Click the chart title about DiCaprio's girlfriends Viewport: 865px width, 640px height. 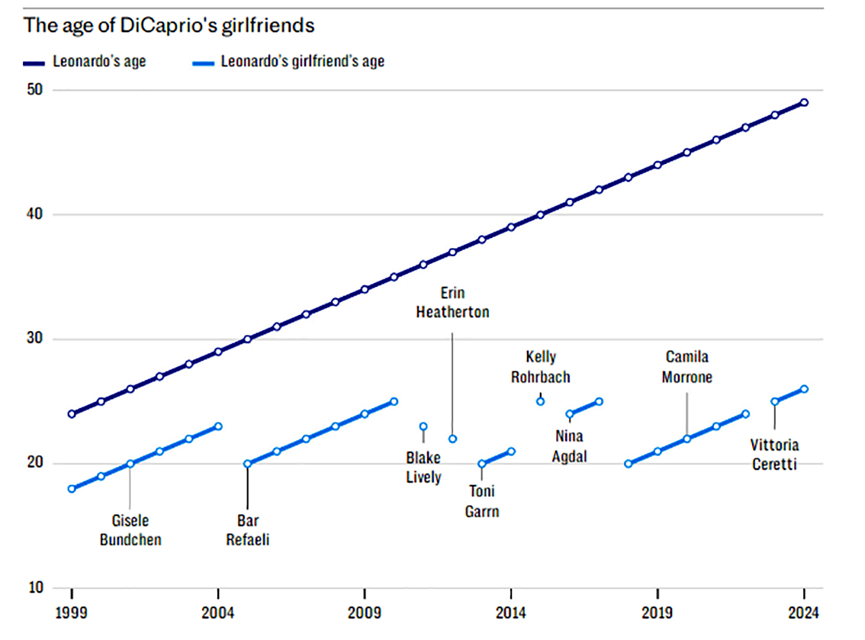tap(169, 25)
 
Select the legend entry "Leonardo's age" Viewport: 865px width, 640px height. tap(98, 61)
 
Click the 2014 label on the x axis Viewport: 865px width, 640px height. tap(511, 613)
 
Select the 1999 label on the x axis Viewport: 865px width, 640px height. tap(72, 613)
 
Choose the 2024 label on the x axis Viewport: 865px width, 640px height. tap(803, 613)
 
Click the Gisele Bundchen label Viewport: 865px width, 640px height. tap(130, 530)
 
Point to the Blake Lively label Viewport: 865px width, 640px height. tap(423, 468)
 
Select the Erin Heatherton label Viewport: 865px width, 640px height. tap(452, 302)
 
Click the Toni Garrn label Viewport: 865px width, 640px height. tap(482, 501)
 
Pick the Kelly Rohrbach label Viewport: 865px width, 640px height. tap(541, 366)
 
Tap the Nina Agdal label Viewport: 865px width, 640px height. tap(569, 447)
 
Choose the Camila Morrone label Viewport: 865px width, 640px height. tap(687, 366)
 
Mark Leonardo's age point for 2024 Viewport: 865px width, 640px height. tap(804, 102)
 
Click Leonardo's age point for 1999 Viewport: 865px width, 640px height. tap(72, 414)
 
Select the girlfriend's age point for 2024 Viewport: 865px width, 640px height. tap(804, 389)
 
